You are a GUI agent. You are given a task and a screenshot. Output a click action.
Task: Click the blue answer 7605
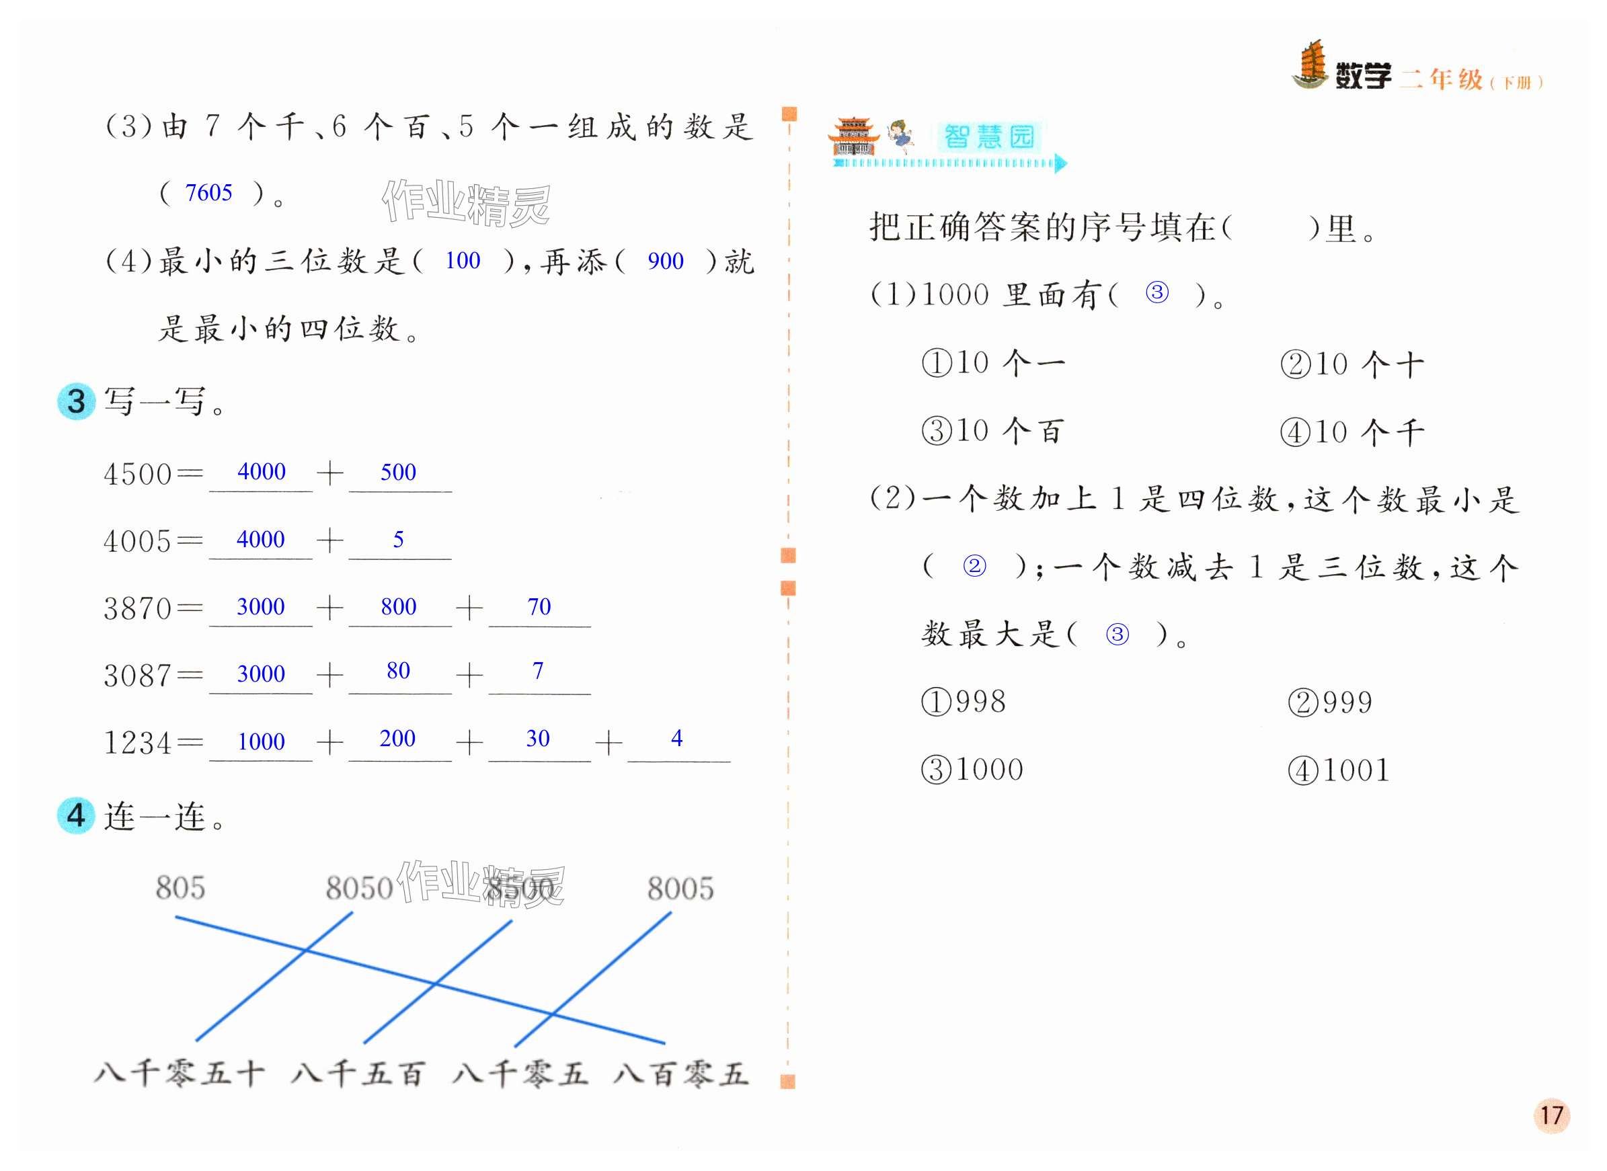[208, 193]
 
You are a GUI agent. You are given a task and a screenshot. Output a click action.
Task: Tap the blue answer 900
[665, 261]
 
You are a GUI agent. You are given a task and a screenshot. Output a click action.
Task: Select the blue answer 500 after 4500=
[397, 472]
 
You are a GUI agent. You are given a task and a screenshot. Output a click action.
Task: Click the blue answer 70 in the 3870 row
[539, 607]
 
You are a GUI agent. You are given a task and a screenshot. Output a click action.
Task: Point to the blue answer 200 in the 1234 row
[397, 739]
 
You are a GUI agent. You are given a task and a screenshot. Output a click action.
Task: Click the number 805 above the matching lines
[180, 888]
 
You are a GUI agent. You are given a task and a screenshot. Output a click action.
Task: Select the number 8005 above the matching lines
[680, 889]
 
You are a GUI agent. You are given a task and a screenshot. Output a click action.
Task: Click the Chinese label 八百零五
[680, 1074]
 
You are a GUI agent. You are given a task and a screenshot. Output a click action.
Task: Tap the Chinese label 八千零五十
[180, 1074]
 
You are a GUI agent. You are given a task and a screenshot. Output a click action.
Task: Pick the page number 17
[1551, 1116]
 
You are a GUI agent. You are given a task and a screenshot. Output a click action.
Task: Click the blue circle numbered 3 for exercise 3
[76, 401]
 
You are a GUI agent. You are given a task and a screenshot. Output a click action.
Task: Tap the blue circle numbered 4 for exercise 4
[76, 816]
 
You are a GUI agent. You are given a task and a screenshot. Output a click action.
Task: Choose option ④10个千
[1351, 432]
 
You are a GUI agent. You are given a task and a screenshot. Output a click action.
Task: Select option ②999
[1330, 702]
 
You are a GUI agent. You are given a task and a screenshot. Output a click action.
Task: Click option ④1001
[1337, 770]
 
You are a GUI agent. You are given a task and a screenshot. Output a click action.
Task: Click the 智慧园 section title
[989, 137]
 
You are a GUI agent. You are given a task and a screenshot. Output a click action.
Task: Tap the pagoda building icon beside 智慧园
[853, 137]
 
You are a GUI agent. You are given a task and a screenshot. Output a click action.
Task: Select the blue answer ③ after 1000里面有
[1157, 292]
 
